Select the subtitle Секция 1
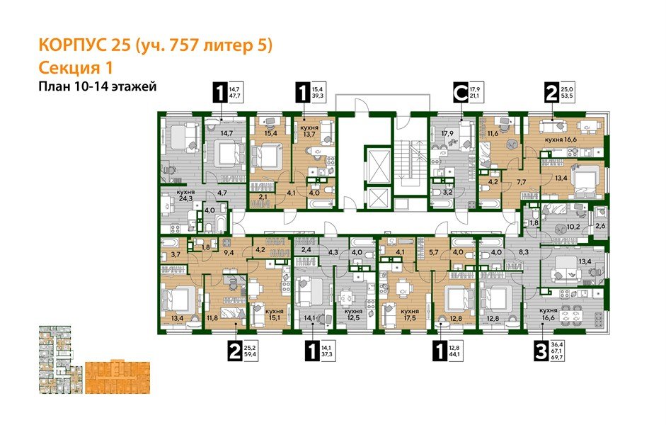[75, 67]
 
